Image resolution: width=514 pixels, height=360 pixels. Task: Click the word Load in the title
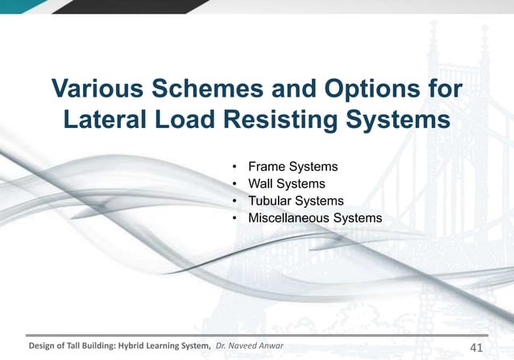pos(191,122)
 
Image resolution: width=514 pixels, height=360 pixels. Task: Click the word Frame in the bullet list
pos(266,168)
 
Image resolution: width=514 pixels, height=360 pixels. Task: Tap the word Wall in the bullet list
pos(260,184)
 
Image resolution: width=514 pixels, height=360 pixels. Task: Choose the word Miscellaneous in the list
pos(288,218)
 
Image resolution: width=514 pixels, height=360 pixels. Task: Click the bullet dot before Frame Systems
pos(234,168)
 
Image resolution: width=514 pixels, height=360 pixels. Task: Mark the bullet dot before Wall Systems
pos(234,184)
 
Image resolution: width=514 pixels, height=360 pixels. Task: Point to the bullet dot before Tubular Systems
pos(234,201)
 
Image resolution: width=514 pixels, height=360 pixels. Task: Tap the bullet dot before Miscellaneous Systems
pos(234,218)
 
